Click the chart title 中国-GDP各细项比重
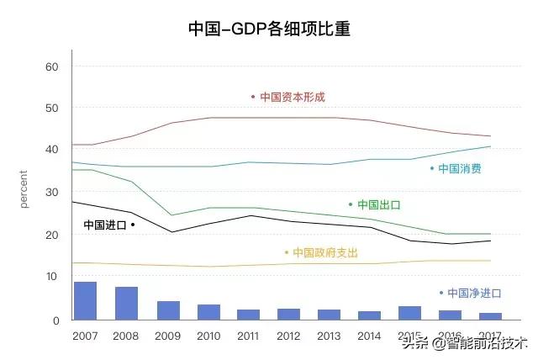point(268,29)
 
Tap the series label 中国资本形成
point(292,98)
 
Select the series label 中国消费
point(460,169)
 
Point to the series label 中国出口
point(378,204)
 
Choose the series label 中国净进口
point(474,294)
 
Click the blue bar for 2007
point(86,300)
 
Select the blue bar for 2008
point(127,303)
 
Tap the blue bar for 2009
point(168,310)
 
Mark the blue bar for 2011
point(249,315)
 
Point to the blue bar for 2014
point(370,315)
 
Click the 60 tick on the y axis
point(51,66)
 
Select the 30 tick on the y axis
point(51,193)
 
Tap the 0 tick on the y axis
point(55,320)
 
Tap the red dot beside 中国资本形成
point(253,97)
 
